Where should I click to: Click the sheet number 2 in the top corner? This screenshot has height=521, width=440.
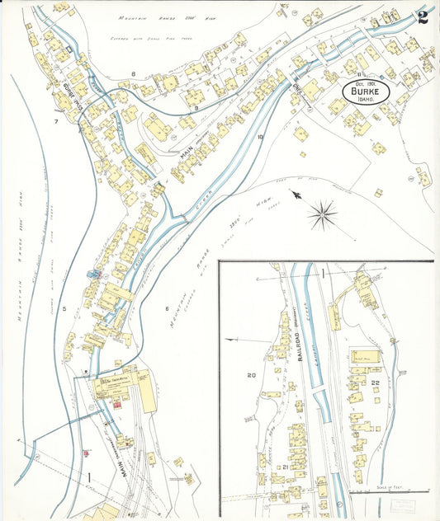[422, 17]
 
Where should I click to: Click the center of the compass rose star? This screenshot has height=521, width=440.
[322, 217]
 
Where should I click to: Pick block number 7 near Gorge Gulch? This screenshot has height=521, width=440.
[56, 121]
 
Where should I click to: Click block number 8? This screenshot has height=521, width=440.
[133, 74]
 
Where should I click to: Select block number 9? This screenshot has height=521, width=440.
[195, 106]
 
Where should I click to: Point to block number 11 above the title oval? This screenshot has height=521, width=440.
[361, 74]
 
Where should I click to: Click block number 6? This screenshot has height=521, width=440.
[166, 308]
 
